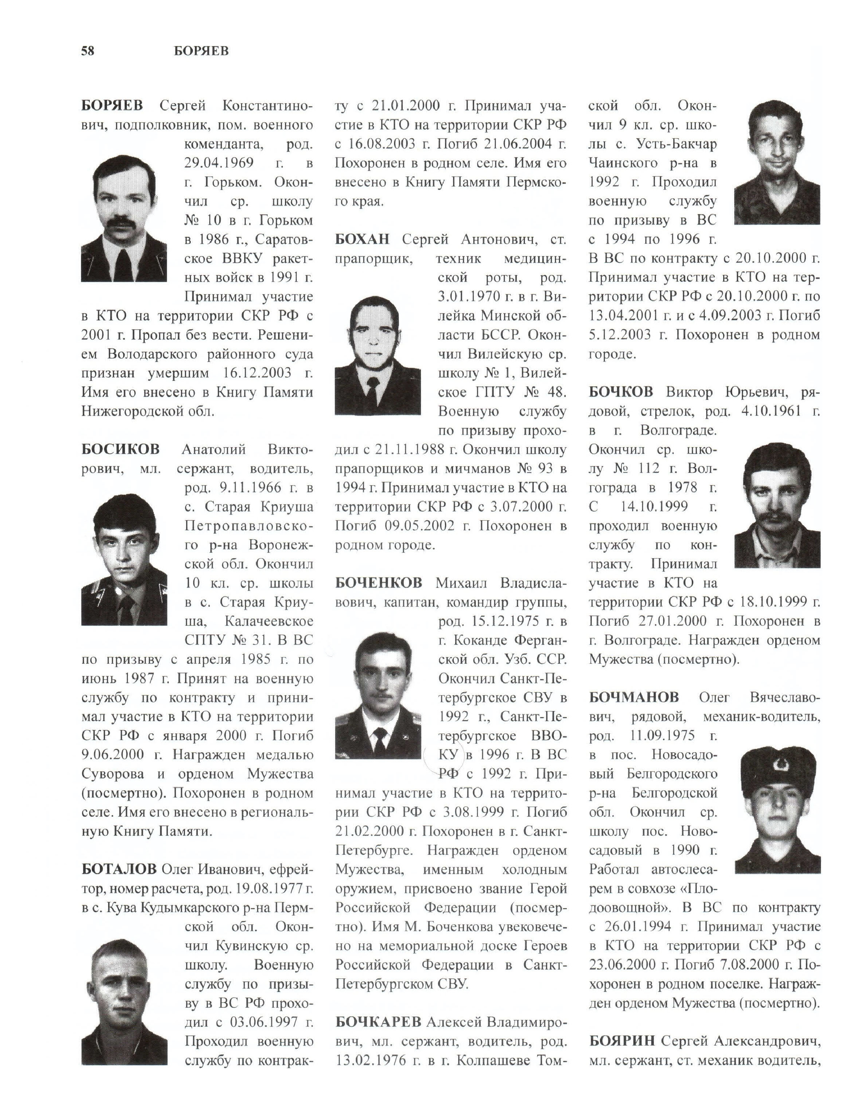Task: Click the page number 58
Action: [88, 51]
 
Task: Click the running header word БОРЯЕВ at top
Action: [201, 51]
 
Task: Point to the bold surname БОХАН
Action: [362, 239]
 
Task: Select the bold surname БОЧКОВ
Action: [621, 392]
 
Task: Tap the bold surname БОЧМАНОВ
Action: [633, 697]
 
